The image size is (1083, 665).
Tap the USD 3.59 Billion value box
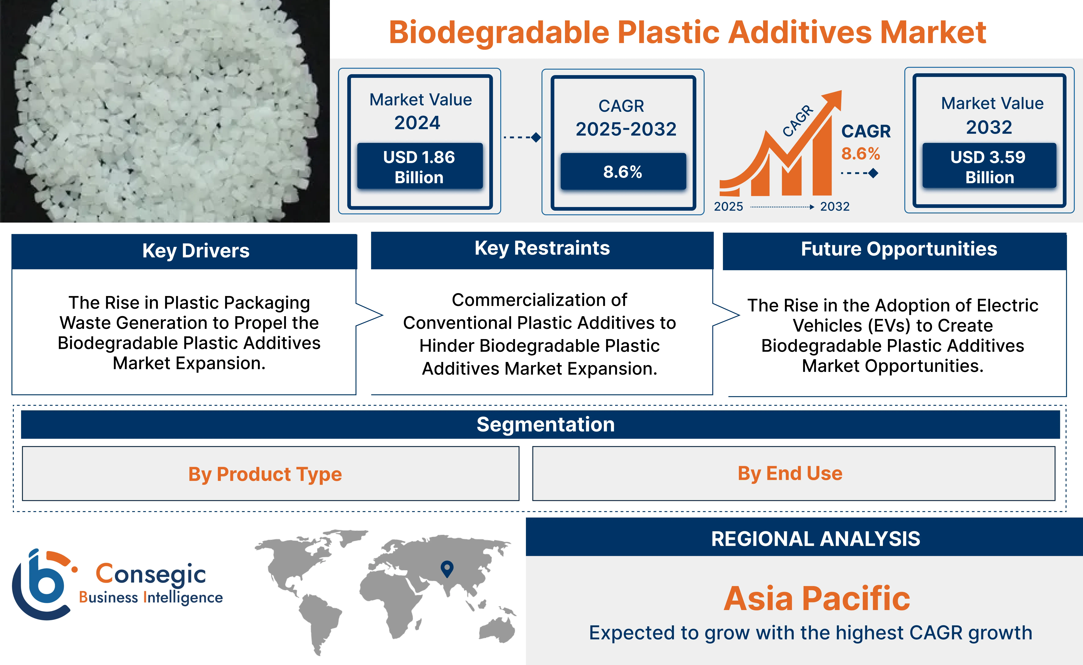point(989,166)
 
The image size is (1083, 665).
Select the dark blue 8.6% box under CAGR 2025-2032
point(623,172)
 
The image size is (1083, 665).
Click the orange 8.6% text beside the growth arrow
point(860,153)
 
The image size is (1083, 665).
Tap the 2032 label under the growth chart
point(834,206)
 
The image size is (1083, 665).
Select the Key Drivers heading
point(196,251)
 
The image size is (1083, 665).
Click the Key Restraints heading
point(542,248)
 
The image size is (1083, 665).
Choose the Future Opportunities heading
point(899,249)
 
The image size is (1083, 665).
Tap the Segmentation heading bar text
point(545,424)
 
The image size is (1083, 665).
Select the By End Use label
point(790,473)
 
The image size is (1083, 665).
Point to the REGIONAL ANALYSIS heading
point(816,539)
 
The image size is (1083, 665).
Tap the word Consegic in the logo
point(151,574)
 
